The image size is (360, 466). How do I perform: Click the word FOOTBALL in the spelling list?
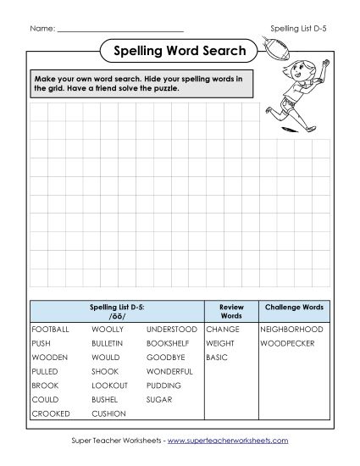click(51, 329)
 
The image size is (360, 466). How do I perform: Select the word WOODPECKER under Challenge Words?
click(287, 343)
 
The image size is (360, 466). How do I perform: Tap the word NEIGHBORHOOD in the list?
click(292, 329)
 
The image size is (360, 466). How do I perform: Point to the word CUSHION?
click(108, 413)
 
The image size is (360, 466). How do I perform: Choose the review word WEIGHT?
click(220, 343)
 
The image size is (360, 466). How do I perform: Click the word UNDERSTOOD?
click(172, 329)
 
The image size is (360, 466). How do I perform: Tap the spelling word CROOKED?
click(51, 413)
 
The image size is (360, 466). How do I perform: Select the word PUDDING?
click(163, 385)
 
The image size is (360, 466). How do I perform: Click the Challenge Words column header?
click(292, 307)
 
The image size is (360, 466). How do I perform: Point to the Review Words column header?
click(231, 311)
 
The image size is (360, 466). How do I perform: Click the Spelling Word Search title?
click(180, 52)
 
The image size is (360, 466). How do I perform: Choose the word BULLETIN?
click(108, 343)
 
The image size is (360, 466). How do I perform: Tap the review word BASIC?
click(217, 358)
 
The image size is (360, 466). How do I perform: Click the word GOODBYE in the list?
click(166, 358)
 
